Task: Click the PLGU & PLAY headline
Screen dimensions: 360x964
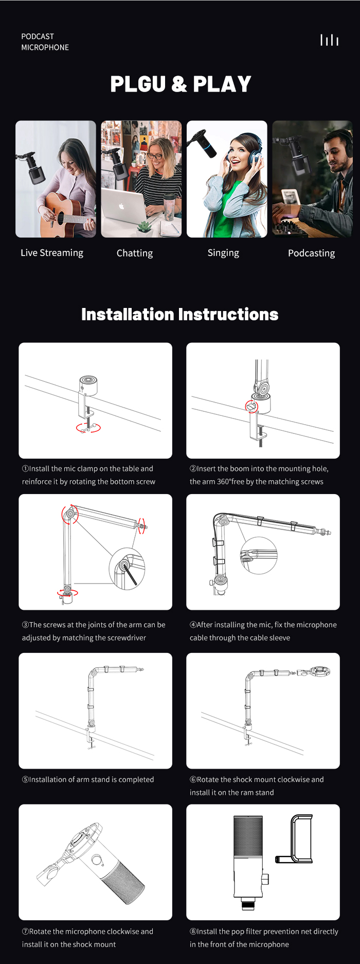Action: [181, 84]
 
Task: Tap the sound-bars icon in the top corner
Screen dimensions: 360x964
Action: [329, 40]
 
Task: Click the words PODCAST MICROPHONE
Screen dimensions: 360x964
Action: [45, 42]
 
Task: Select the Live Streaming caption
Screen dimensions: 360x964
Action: [52, 252]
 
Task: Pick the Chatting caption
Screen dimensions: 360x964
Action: [135, 253]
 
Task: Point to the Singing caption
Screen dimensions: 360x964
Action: [223, 253]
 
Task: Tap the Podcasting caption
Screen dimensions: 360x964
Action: [311, 253]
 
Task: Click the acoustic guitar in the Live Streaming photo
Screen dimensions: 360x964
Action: [64, 213]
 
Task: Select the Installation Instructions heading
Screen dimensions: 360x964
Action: [180, 314]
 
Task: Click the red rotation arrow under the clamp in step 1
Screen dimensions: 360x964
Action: [88, 428]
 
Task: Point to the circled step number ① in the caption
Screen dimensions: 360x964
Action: [25, 469]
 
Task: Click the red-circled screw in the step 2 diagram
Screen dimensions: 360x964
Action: [251, 407]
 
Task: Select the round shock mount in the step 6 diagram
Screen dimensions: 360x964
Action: [320, 671]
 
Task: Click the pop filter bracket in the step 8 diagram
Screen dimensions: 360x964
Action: [294, 839]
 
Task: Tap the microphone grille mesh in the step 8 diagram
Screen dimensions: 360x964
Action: [248, 835]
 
